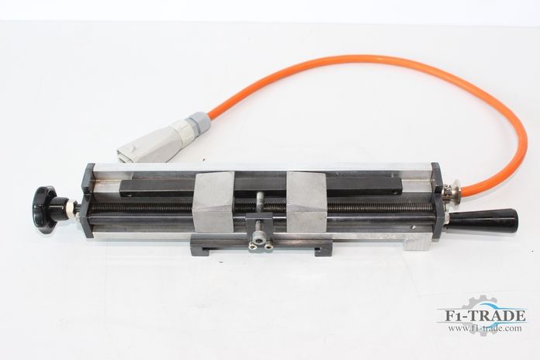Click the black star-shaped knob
[45, 209]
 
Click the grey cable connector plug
[151, 142]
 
